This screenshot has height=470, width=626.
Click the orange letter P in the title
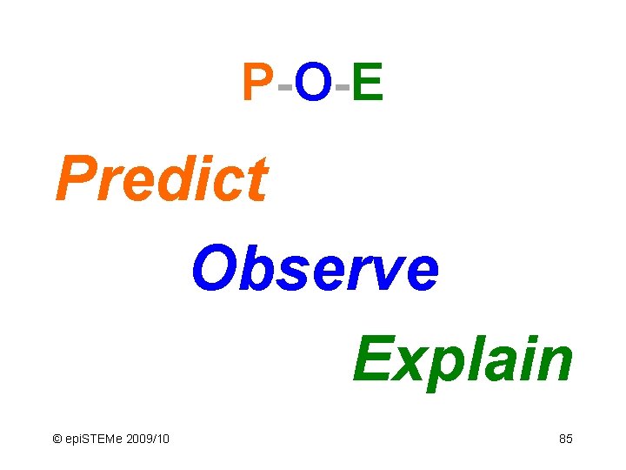click(257, 84)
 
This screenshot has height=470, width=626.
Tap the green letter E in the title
click(368, 84)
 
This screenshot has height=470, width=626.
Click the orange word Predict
click(161, 178)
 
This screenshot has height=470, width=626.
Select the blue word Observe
click(315, 269)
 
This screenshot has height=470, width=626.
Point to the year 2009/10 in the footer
click(148, 439)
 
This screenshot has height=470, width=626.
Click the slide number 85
click(565, 439)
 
